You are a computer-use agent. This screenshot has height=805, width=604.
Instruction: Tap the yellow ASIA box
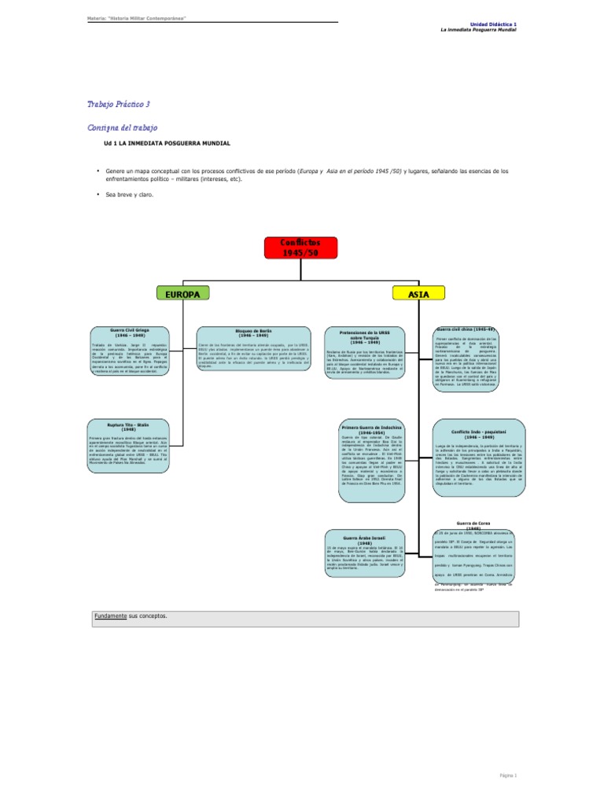[x=418, y=293]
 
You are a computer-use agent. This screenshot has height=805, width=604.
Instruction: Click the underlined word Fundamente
[x=110, y=616]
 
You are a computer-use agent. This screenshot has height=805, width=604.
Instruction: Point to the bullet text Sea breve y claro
[x=131, y=194]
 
